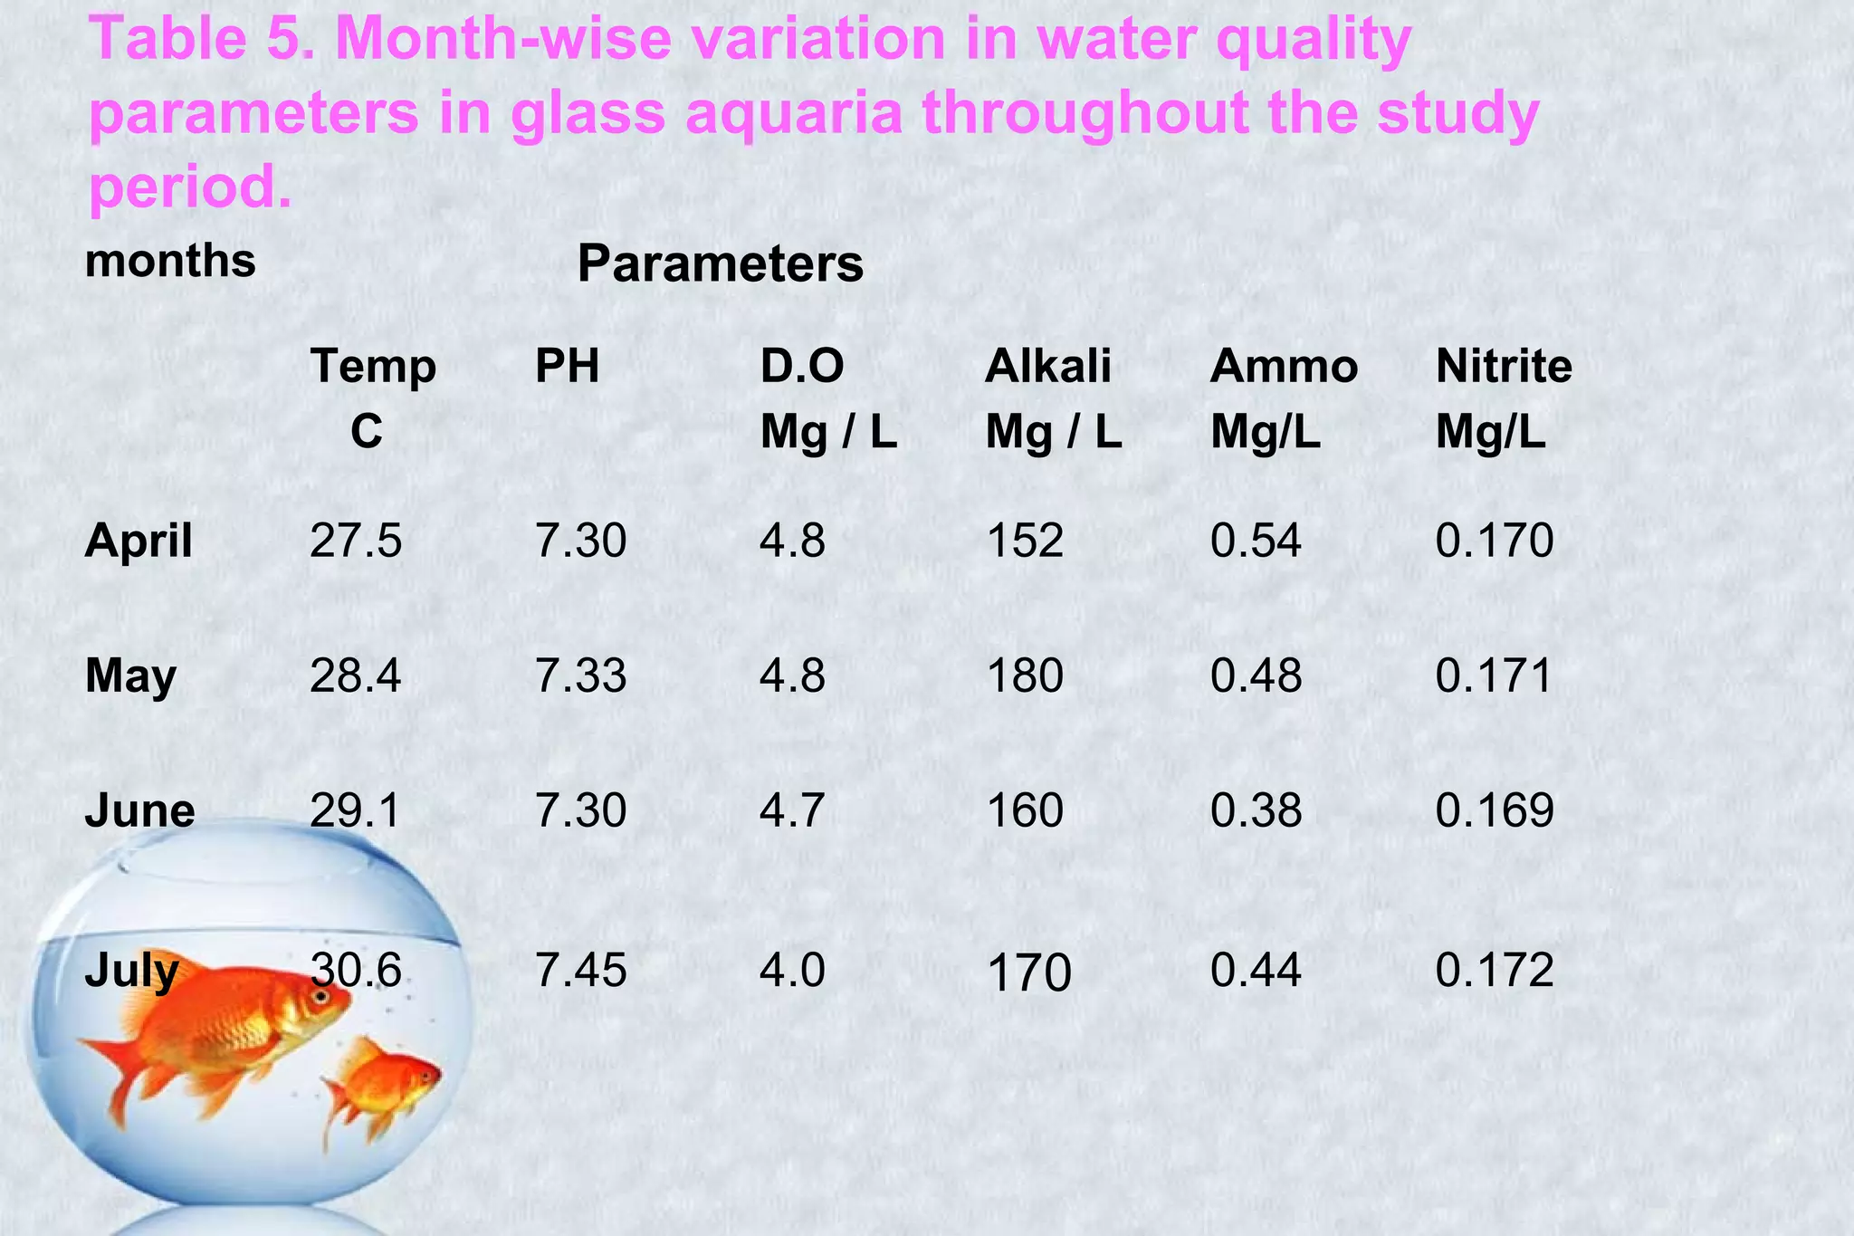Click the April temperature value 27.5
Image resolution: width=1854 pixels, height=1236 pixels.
click(356, 541)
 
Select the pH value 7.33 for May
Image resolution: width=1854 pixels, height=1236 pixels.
click(580, 676)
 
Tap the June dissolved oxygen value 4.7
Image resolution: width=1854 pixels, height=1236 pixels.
click(792, 810)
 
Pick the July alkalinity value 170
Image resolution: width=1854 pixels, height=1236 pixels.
click(1028, 973)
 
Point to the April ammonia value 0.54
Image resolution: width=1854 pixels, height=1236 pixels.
click(1257, 541)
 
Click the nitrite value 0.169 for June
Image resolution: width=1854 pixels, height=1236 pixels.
click(1495, 810)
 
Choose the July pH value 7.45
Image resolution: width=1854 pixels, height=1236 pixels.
click(580, 971)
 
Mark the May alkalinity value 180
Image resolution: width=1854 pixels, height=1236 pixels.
click(1025, 676)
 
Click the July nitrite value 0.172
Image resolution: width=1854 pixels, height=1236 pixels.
click(1495, 971)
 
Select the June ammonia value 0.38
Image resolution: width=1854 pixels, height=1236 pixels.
click(1257, 810)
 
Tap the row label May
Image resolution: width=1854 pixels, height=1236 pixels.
click(130, 677)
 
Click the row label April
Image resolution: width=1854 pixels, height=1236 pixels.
click(139, 541)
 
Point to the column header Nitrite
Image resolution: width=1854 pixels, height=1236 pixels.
click(1504, 367)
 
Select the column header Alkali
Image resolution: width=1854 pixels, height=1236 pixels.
click(1048, 367)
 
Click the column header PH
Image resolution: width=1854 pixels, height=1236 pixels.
click(568, 367)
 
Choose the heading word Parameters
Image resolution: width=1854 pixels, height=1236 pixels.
click(721, 264)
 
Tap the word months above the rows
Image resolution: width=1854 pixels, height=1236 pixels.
click(170, 261)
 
